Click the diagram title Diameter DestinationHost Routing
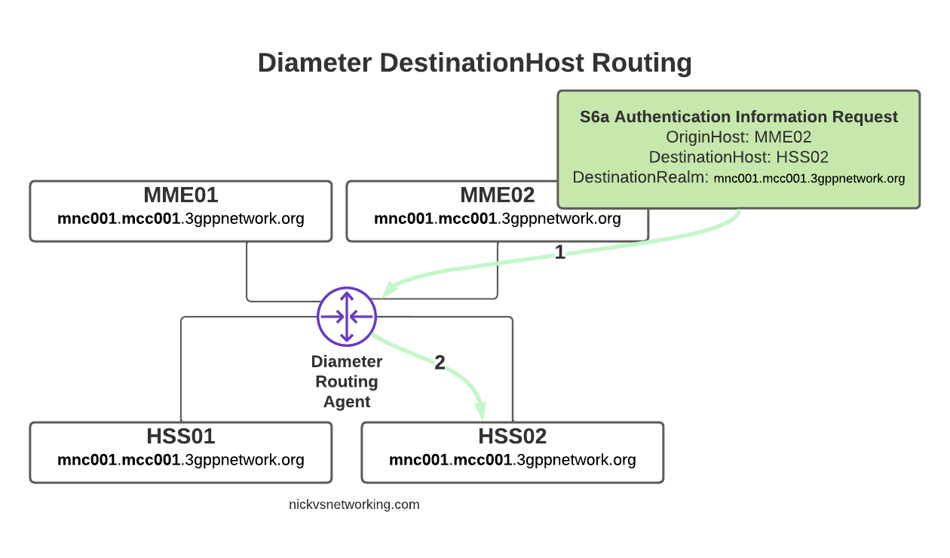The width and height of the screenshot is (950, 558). [x=474, y=63]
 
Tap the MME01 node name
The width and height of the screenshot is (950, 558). [x=181, y=196]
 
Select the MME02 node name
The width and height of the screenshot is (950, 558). [x=498, y=196]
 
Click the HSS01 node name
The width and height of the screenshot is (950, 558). [x=181, y=437]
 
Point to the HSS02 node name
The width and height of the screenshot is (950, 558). [x=513, y=437]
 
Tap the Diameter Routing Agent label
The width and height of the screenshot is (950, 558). [x=347, y=382]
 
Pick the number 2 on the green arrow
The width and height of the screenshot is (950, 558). [x=440, y=363]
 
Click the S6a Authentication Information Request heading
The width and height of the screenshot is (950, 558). [x=738, y=117]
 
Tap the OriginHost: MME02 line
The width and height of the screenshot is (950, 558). [x=738, y=137]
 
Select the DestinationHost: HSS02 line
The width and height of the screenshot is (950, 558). [x=738, y=158]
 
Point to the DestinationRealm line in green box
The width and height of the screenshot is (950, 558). [x=738, y=179]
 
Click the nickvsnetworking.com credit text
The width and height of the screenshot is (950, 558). [x=354, y=504]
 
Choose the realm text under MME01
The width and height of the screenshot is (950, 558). [x=181, y=219]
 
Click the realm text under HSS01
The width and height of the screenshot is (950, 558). [x=181, y=460]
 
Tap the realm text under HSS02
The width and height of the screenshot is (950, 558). [x=513, y=460]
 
